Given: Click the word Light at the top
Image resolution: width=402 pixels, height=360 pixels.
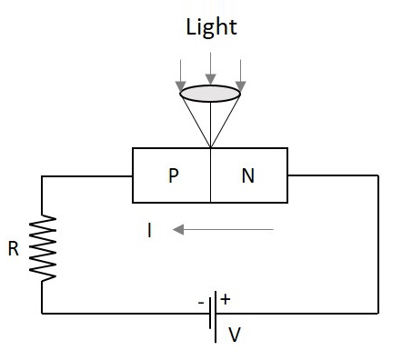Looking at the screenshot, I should pos(210,26).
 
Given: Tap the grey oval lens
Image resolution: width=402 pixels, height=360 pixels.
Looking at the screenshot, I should pos(210,92).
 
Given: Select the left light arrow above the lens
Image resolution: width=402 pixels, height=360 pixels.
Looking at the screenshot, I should pos(181,71).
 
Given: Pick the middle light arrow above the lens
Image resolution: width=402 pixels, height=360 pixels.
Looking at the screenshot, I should pos(210,68).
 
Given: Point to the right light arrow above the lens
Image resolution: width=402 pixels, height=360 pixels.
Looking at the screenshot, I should pos(240,71).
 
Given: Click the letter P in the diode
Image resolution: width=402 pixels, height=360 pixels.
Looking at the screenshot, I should pos(173,176).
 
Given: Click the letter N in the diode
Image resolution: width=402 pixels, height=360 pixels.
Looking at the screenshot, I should pos(247,176).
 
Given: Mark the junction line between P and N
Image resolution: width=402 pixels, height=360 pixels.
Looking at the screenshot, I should pos(211,175).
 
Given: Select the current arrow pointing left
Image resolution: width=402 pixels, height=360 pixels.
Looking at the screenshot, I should pos(223,230).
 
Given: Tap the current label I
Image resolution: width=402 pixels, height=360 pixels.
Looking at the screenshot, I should pos(148,231).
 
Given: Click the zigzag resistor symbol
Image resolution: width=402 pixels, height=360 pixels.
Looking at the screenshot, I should pos(43,247).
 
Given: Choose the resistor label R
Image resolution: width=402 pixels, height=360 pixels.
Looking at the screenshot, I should pos(14,247).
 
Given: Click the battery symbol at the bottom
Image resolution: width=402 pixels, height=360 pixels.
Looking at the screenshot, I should pos(214,314).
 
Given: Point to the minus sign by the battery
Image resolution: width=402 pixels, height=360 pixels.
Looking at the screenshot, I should pos(201,299).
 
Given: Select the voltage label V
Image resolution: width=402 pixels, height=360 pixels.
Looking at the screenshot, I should pos(235,335).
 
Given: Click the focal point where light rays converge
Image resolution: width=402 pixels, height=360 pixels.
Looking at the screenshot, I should pos(211,148).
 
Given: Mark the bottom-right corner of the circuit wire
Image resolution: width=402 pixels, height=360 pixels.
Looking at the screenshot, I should pos(378,314).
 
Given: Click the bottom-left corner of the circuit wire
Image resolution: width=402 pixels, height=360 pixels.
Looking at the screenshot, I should pos(43,314).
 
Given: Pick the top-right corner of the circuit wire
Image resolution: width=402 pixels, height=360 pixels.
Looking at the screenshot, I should pos(378,175).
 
